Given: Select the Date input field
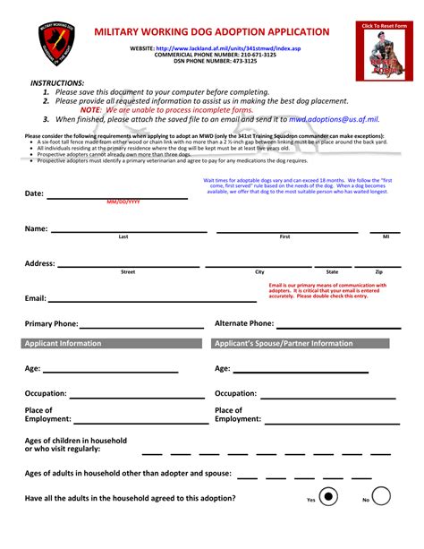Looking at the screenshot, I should point(123,192).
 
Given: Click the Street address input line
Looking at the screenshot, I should point(128,264).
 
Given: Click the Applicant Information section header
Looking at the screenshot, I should point(113,343).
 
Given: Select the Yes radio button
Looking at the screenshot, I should point(329,497).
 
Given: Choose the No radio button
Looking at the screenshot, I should point(381,497).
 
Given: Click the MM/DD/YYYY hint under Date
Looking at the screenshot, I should point(123,202).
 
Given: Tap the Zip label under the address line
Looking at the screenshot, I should point(378,271).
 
